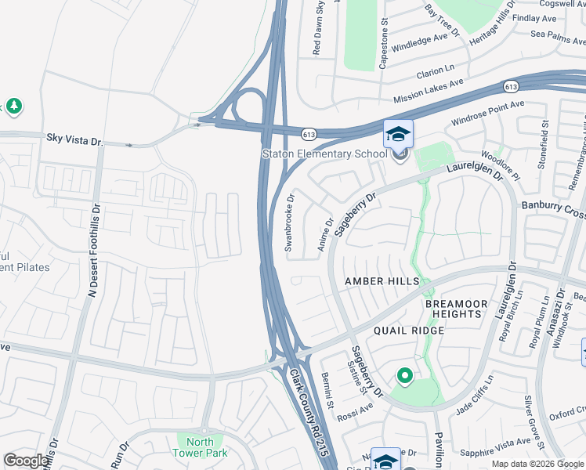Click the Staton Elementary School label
pyautogui.click(x=324, y=154)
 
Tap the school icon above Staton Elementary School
pyautogui.click(x=398, y=134)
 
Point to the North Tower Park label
pyautogui.click(x=200, y=447)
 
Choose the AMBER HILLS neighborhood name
pyautogui.click(x=383, y=281)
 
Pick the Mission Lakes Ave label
pyautogui.click(x=429, y=90)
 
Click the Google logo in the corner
pyautogui.click(x=27, y=461)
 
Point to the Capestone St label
pyautogui.click(x=384, y=45)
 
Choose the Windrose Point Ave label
pyautogui.click(x=488, y=114)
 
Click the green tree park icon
pyautogui.click(x=13, y=106)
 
